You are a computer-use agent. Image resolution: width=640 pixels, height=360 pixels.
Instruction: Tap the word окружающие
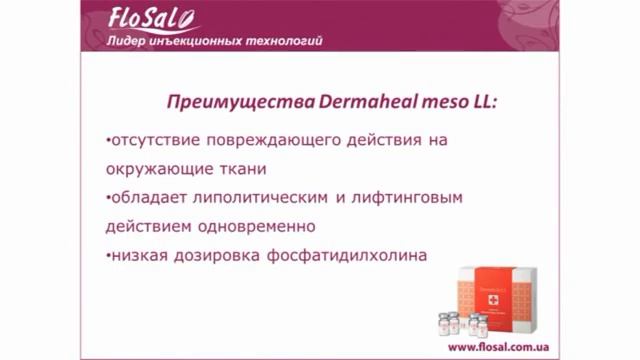155,169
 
